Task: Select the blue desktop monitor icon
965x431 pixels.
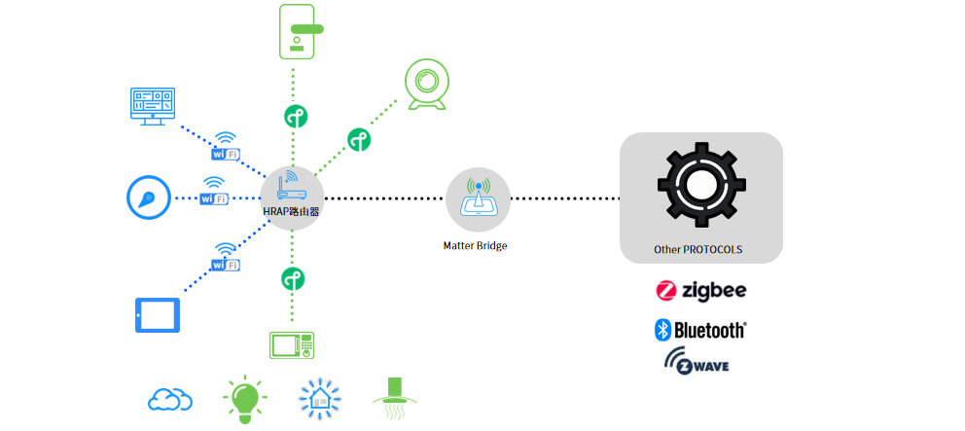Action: point(152,106)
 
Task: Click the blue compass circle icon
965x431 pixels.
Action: point(148,198)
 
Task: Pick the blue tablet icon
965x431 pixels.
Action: point(157,315)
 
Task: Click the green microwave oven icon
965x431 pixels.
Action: point(291,345)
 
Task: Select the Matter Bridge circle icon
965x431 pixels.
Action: point(478,198)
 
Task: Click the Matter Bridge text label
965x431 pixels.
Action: point(475,246)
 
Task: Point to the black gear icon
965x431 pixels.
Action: point(701,186)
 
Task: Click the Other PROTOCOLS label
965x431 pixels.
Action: point(698,250)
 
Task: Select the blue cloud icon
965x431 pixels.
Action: point(170,399)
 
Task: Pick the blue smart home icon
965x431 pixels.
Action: point(318,399)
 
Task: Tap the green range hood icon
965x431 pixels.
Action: point(395,399)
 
